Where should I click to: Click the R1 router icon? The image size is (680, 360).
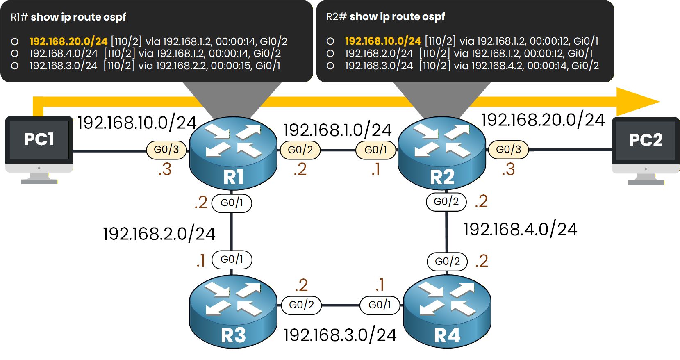click(x=233, y=154)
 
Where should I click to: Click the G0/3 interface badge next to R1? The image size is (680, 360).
click(x=166, y=150)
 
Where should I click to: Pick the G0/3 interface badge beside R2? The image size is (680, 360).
click(x=508, y=150)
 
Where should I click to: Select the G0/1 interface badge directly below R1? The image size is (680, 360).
click(x=232, y=203)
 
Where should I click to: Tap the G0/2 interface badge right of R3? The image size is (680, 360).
click(x=301, y=305)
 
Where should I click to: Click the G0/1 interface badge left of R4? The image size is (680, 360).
click(x=380, y=305)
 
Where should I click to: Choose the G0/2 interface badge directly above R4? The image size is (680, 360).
click(x=447, y=262)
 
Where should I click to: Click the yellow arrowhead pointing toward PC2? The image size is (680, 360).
click(x=637, y=101)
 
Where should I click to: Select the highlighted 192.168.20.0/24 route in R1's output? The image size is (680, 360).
click(x=68, y=41)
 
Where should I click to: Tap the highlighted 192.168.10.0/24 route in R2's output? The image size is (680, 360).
click(x=383, y=41)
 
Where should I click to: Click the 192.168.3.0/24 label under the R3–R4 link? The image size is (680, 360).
click(x=340, y=335)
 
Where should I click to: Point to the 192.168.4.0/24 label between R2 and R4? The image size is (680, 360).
click(x=520, y=229)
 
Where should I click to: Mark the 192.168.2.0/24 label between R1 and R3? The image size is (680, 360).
click(x=159, y=234)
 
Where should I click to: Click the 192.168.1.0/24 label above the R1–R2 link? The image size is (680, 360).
click(x=337, y=130)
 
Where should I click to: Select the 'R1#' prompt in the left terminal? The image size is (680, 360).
click(x=19, y=17)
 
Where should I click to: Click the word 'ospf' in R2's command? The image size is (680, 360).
click(x=434, y=17)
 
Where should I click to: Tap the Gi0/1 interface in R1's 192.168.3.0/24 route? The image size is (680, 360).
click(x=268, y=66)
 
